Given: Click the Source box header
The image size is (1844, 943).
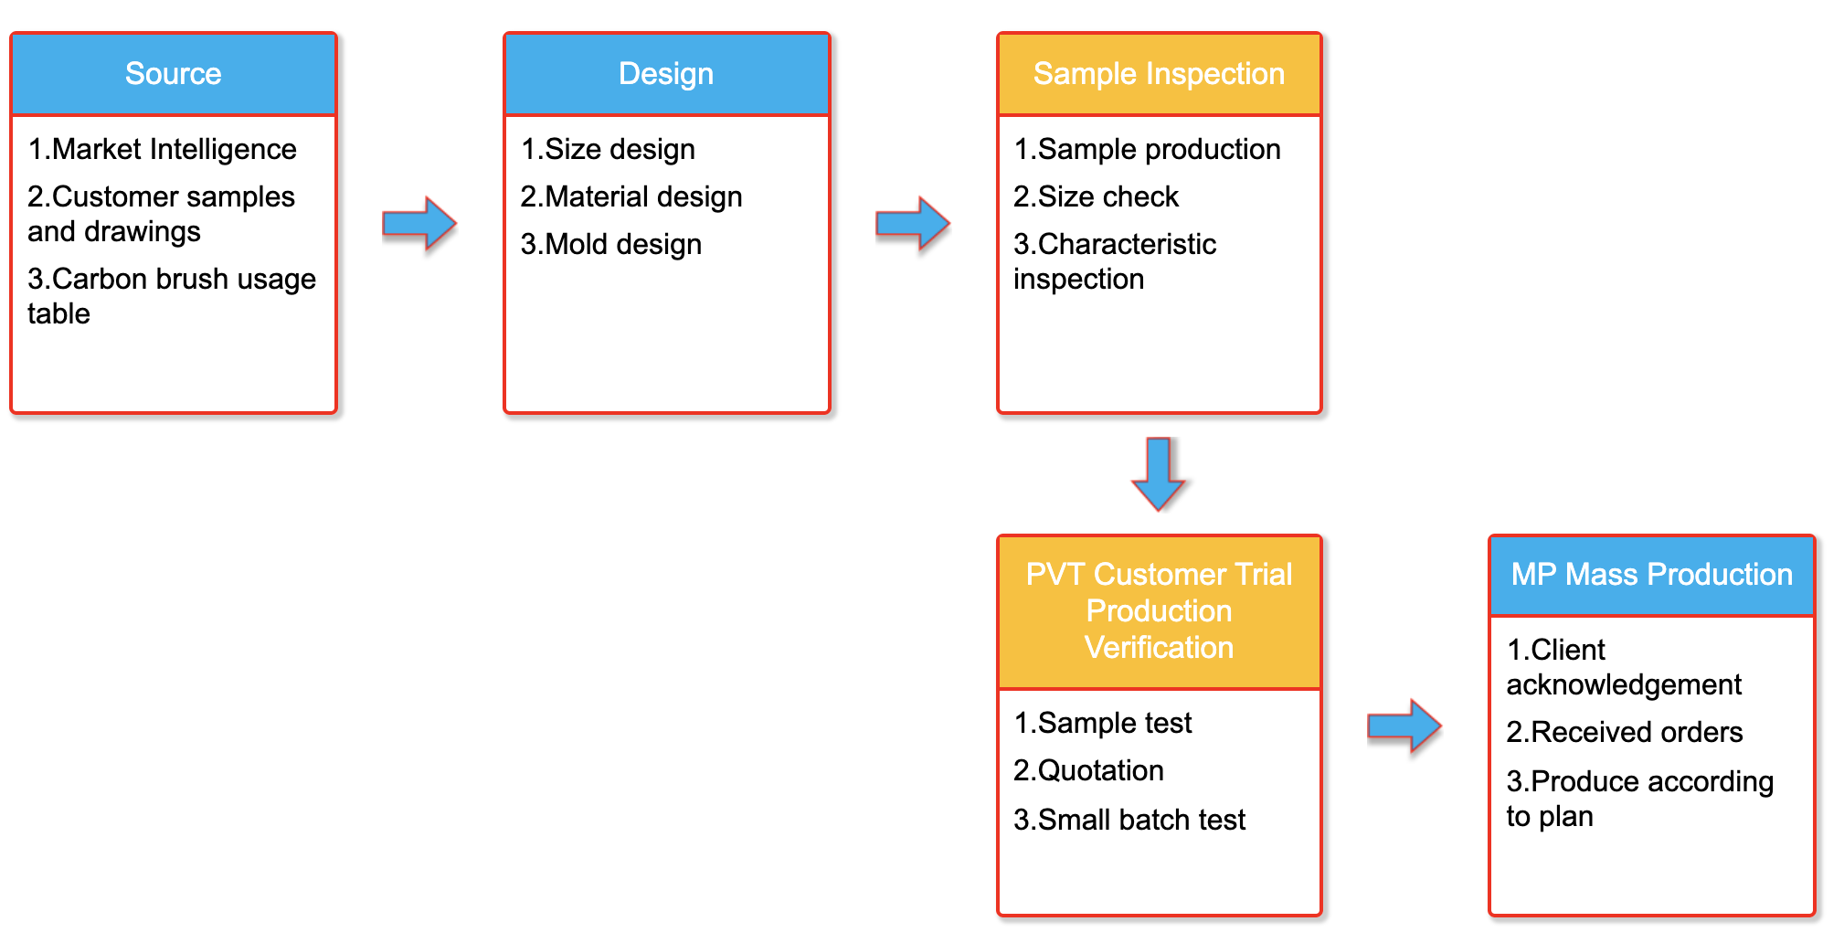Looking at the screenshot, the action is point(174,74).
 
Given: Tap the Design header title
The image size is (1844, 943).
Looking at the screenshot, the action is point(666,74).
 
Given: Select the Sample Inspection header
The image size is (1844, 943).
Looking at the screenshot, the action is point(1159,74).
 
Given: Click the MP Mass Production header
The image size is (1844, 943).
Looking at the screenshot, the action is point(1651,575).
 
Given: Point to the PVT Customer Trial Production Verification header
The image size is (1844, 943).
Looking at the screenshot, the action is point(1159,611).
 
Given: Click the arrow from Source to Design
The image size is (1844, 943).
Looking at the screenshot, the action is point(419,223).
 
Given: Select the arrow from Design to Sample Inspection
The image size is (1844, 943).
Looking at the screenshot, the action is point(913,223).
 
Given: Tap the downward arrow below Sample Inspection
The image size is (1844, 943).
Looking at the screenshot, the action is point(1159,474).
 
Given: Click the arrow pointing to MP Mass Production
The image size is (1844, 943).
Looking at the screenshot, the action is point(1404,726).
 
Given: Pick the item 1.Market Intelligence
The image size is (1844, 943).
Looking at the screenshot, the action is point(163,149).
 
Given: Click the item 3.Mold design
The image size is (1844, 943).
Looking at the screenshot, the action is point(611,244).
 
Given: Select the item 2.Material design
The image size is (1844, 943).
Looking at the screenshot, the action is point(631,196).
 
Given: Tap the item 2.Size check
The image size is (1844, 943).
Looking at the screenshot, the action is point(1097,196).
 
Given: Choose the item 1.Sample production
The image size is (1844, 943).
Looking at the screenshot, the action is point(1148,149).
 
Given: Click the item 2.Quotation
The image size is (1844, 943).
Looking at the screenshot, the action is point(1089,770).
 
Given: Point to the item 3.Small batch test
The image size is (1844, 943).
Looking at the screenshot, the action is point(1130,820).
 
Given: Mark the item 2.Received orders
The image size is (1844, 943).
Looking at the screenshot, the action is point(1625,732).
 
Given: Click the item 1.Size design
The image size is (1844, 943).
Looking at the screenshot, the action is point(609,149).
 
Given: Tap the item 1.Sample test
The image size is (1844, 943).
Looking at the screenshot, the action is point(1103,723).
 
